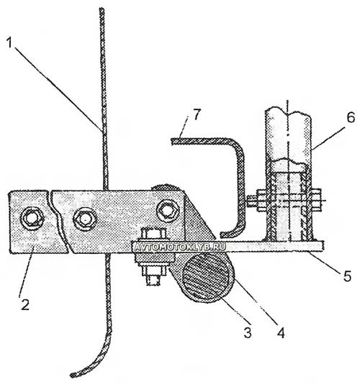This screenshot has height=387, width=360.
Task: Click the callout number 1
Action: (x=10, y=42)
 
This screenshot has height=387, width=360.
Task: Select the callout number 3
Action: (x=248, y=332)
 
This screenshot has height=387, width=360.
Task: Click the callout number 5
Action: (x=347, y=276)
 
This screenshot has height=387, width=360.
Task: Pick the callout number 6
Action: (x=351, y=117)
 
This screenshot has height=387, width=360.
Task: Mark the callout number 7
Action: (x=197, y=114)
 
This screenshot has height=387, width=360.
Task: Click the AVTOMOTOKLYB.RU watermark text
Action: (x=179, y=247)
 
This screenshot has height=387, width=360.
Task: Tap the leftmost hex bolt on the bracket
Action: (x=32, y=218)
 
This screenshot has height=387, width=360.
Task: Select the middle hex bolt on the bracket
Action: (x=85, y=218)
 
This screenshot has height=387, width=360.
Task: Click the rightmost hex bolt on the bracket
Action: (x=168, y=211)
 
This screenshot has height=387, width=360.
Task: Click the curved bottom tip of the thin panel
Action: (x=72, y=375)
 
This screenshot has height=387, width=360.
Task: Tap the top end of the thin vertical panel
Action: (x=102, y=9)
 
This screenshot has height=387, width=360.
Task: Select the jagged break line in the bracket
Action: (x=59, y=221)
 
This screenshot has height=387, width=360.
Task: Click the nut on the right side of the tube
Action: (x=316, y=200)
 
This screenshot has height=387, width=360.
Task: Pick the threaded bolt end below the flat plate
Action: (x=153, y=280)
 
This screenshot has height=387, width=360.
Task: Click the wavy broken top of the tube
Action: (x=287, y=110)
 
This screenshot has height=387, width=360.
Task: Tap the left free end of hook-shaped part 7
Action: (x=173, y=141)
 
